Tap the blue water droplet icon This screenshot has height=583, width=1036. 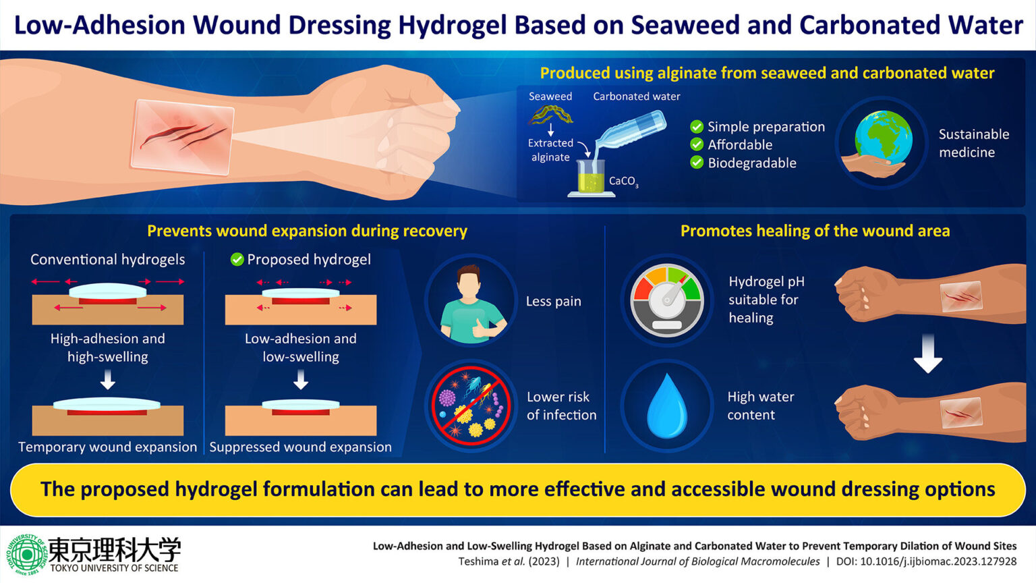click(666, 406)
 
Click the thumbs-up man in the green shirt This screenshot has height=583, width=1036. click(471, 302)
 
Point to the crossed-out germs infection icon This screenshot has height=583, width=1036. click(471, 406)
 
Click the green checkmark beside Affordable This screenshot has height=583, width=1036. click(697, 144)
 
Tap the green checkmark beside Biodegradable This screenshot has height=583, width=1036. click(697, 163)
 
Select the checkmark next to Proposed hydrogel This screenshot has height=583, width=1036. click(237, 260)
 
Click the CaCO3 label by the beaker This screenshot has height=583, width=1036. click(623, 182)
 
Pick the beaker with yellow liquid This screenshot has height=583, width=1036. click(590, 177)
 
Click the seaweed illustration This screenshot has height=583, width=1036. click(550, 115)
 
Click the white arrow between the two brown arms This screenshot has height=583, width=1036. click(928, 354)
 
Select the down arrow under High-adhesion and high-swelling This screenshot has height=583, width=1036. click(107, 381)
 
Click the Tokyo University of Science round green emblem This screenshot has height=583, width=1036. click(26, 554)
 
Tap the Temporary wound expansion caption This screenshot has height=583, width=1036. click(107, 447)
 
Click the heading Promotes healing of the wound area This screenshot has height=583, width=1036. click(815, 231)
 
